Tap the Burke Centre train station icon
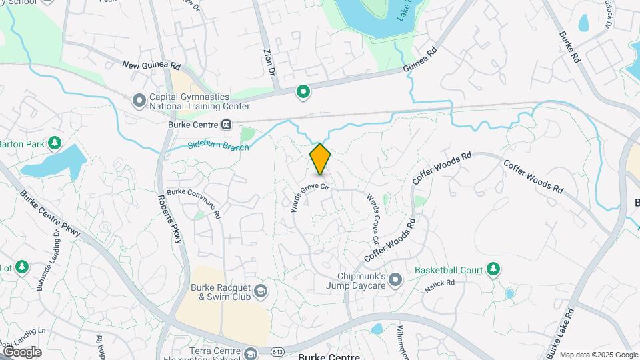point(227,124)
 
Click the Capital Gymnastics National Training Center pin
point(139,101)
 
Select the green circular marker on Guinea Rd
point(303,92)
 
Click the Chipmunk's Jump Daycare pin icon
point(395,280)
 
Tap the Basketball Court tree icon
point(493,269)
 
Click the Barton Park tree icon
point(55,143)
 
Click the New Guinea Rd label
point(152,65)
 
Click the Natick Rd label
point(439,286)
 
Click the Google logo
point(22,351)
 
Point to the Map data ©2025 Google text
point(598,355)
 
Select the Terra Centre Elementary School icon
point(251,353)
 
